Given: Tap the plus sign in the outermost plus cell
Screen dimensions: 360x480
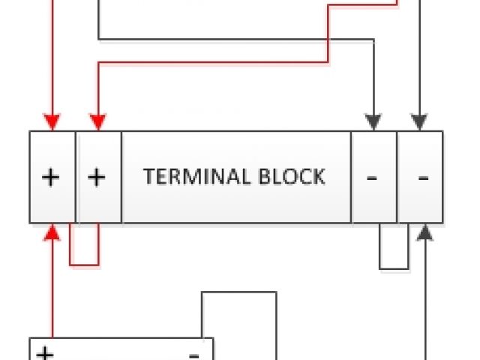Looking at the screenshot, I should tap(50, 177).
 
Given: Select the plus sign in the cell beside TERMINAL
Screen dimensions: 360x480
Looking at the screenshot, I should tap(97, 177).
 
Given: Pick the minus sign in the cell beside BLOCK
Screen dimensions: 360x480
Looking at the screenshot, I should tap(373, 178).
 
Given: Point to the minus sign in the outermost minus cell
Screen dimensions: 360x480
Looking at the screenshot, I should tap(422, 178).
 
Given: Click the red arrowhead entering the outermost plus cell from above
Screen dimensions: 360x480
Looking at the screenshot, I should tap(52, 122).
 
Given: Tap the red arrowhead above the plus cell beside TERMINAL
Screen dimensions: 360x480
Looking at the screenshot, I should tap(97, 122).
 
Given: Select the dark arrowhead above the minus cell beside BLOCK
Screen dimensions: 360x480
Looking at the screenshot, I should tap(373, 122).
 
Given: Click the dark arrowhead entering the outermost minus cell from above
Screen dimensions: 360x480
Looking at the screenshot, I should tap(419, 122).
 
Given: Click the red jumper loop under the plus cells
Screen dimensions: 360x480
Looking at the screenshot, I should tap(84, 264).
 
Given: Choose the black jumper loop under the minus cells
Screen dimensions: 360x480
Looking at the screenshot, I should tap(394, 267).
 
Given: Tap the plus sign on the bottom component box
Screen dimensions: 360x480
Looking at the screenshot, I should tap(45, 353).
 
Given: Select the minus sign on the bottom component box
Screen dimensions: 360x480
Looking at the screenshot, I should tap(193, 353).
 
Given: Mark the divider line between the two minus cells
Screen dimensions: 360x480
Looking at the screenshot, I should tap(397, 177).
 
